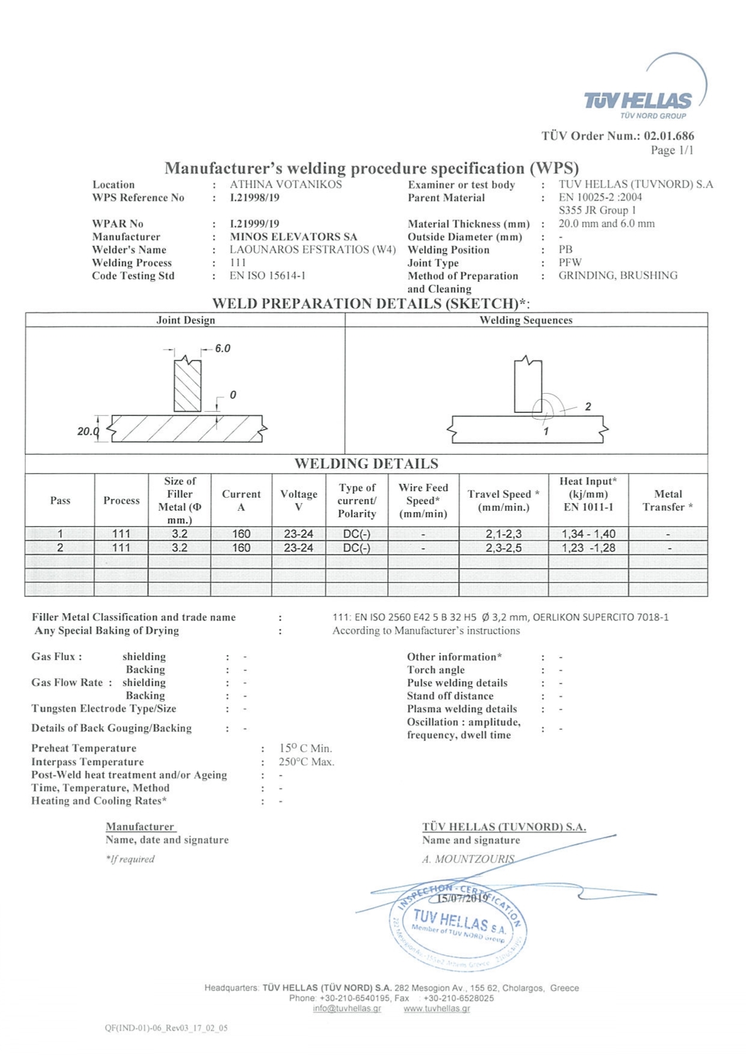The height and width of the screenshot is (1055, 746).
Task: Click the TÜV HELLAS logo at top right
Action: (x=638, y=101)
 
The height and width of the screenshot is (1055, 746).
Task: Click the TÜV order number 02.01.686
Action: (x=668, y=136)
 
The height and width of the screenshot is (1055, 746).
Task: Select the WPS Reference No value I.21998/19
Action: (x=254, y=197)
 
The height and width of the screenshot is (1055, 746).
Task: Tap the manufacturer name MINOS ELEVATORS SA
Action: (x=293, y=237)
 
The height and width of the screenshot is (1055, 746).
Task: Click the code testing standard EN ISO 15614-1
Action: (x=268, y=276)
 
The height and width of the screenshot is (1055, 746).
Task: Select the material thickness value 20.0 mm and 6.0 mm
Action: (x=606, y=224)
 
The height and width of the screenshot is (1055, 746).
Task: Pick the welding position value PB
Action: (x=566, y=249)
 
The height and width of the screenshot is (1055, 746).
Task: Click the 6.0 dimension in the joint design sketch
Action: (x=223, y=349)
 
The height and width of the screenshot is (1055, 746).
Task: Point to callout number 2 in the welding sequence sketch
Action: (x=588, y=407)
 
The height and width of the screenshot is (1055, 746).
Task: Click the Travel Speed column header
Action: (x=504, y=500)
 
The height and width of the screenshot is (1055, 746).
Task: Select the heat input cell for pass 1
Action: (x=588, y=534)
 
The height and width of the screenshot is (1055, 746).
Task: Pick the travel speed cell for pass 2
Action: (x=504, y=548)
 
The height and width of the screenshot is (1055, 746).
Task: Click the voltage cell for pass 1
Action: (x=298, y=534)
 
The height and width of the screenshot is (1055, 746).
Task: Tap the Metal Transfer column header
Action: (x=668, y=500)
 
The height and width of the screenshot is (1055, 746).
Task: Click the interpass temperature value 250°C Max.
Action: (x=306, y=762)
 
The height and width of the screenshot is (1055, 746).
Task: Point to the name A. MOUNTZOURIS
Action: (x=468, y=859)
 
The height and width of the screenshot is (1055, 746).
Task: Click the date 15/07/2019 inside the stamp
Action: (x=462, y=899)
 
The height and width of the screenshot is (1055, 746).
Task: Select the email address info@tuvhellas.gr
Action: (x=347, y=1008)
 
